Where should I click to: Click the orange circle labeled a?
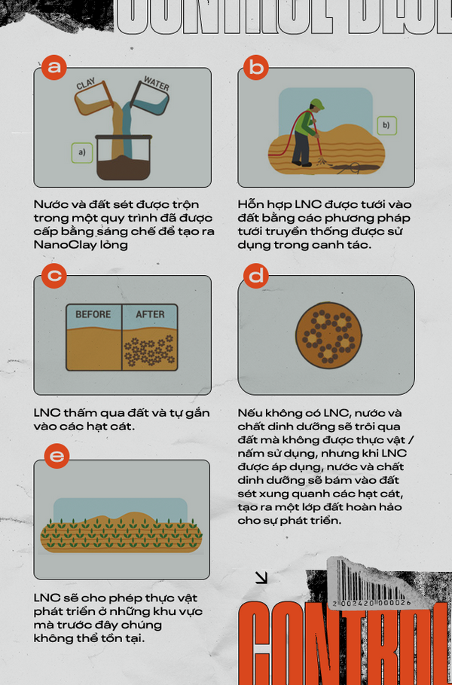[53, 68]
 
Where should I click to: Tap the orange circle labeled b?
[256, 68]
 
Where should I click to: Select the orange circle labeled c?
[53, 276]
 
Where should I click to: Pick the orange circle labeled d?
[257, 276]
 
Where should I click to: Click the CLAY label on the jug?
[86, 86]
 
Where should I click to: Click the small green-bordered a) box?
[81, 153]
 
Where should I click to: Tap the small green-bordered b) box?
[386, 125]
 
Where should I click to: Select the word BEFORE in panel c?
[93, 314]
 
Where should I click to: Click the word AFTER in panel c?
[150, 314]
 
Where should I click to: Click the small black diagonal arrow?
[261, 578]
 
